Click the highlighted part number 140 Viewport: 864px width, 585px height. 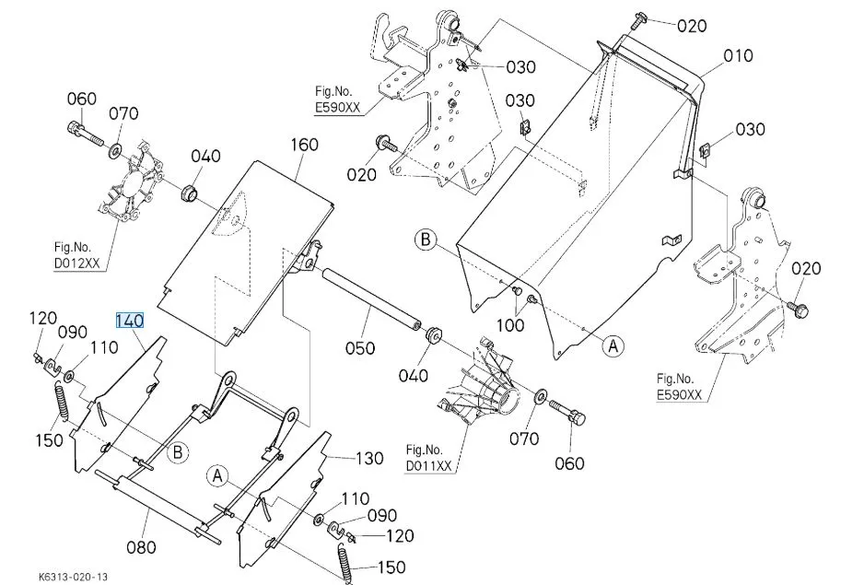pyautogui.click(x=129, y=321)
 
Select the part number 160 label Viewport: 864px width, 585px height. pyautogui.click(x=304, y=145)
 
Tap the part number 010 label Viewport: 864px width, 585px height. pyautogui.click(x=738, y=56)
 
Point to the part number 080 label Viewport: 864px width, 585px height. pyautogui.click(x=140, y=546)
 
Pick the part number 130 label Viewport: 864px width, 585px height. pyautogui.click(x=369, y=458)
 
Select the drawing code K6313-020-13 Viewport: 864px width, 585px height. pyautogui.click(x=74, y=576)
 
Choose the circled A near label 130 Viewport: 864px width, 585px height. pyautogui.click(x=217, y=475)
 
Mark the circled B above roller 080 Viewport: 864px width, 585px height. pyautogui.click(x=179, y=450)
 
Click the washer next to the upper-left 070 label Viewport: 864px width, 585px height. pyautogui.click(x=117, y=149)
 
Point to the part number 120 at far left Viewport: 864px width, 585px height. pyautogui.click(x=42, y=318)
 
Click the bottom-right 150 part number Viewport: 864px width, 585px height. pyautogui.click(x=391, y=567)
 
